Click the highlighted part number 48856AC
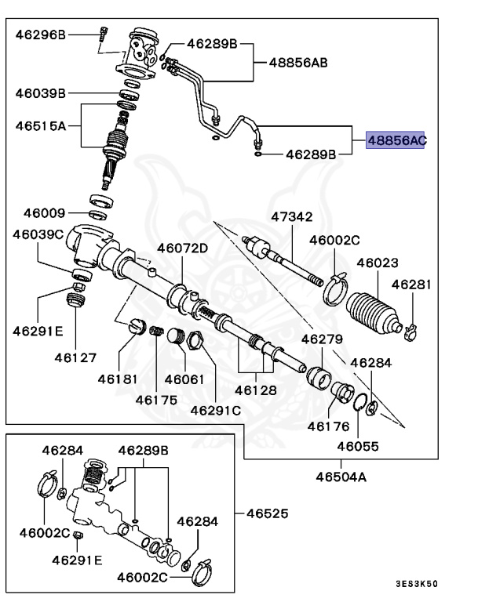(396, 140)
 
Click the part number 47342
(292, 216)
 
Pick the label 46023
(378, 263)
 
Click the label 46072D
(182, 248)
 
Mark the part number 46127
(75, 357)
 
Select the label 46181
(118, 379)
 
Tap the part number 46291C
(216, 409)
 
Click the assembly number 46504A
(341, 476)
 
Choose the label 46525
(268, 514)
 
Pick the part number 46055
(358, 446)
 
